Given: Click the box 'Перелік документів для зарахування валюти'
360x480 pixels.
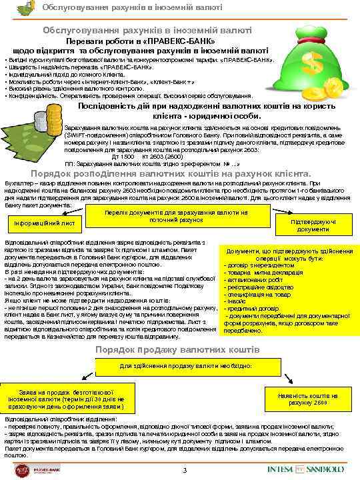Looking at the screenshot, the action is coord(177,215).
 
